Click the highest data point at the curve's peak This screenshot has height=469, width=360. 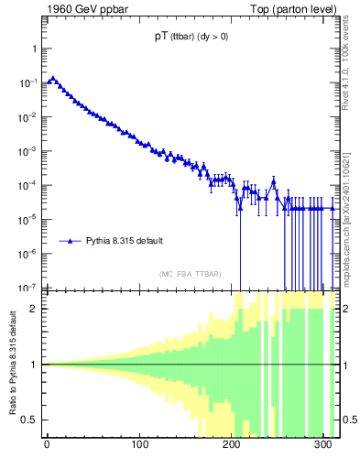coord(52,79)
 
